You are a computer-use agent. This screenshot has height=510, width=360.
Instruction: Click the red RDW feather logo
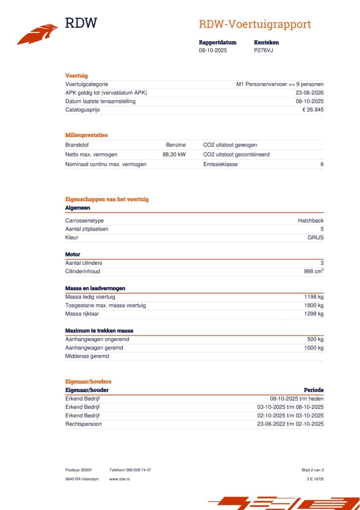[37, 34]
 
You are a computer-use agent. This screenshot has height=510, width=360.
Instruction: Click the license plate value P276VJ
[263, 51]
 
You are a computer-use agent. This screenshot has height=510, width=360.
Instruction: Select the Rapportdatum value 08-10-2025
[213, 51]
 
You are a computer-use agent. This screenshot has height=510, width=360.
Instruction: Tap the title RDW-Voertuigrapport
[255, 24]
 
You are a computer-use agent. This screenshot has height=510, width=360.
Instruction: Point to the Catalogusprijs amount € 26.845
[313, 110]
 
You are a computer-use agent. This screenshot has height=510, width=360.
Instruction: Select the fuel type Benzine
[176, 145]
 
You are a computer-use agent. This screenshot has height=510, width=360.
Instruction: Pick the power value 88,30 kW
[174, 155]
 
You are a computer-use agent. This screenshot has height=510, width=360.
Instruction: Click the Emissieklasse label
[220, 164]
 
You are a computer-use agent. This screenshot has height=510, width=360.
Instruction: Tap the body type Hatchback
[311, 221]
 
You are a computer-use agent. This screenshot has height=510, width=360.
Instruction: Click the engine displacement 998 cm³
[313, 271]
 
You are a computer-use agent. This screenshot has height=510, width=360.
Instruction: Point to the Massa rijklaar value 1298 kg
[314, 314]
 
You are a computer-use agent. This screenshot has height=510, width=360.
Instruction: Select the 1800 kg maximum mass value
[314, 306]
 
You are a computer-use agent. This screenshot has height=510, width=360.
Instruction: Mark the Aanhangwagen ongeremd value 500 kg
[315, 339]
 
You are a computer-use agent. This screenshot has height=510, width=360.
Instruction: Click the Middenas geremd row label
[87, 356]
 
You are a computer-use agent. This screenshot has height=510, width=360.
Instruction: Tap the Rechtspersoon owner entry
[83, 424]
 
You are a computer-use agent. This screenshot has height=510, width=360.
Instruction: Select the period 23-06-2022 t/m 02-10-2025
[290, 424]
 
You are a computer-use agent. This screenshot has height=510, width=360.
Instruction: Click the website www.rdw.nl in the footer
[119, 479]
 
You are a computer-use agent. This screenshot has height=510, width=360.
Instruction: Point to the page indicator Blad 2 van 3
[313, 470]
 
